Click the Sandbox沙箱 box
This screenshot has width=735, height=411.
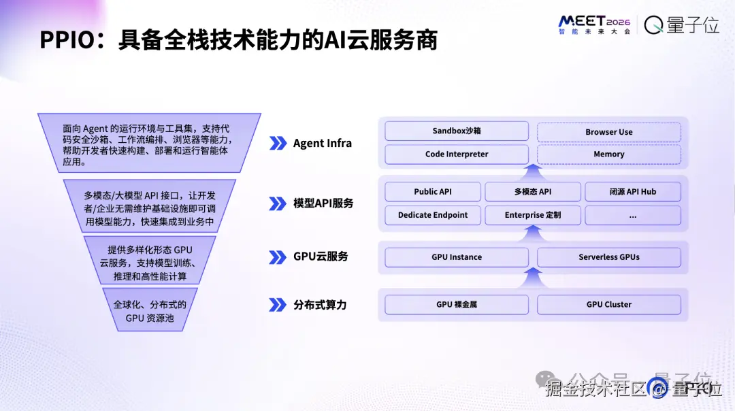[x=457, y=131]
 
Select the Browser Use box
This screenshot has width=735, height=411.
[x=608, y=131]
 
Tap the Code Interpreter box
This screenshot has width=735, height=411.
[x=457, y=154]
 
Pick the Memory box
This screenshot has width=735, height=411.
[x=608, y=154]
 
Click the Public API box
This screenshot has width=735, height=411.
[x=433, y=192]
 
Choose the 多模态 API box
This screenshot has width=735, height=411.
[x=533, y=192]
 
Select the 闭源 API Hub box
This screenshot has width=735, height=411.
[x=632, y=192]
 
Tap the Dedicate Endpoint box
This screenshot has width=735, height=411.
[x=433, y=215]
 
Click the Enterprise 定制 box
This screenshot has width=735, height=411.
[x=533, y=215]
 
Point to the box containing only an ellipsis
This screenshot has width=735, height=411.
[x=632, y=215]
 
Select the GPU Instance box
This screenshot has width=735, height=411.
[x=457, y=257]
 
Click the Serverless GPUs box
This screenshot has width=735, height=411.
[x=608, y=257]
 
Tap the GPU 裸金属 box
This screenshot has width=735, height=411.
[x=457, y=304]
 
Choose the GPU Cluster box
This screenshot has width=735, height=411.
[x=608, y=304]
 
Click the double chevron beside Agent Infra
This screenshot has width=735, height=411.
[x=278, y=143]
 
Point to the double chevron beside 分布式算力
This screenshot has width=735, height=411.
[x=278, y=305]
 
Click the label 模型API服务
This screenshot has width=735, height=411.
[x=323, y=203]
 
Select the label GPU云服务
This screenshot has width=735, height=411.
[x=321, y=257]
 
